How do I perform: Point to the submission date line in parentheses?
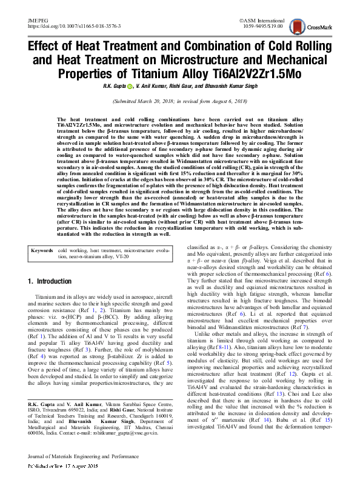[x=179, y=102]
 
